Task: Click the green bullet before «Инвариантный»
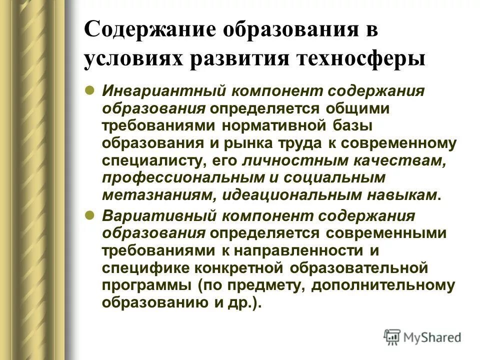(90, 90)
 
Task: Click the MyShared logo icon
(392, 336)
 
